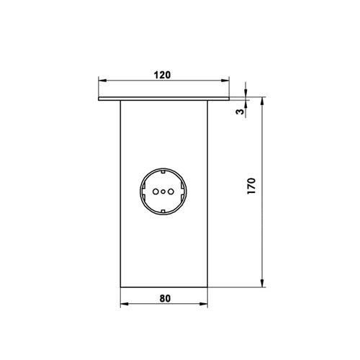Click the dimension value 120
point(162,75)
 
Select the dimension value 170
point(251,186)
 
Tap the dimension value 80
point(165,298)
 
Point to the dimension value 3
point(240,111)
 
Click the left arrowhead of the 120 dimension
point(102,81)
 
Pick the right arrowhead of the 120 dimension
point(225,81)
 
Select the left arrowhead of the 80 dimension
point(125,304)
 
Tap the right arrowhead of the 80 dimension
point(204,304)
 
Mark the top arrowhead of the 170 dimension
point(262,101)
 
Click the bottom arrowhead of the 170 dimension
point(262,283)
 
